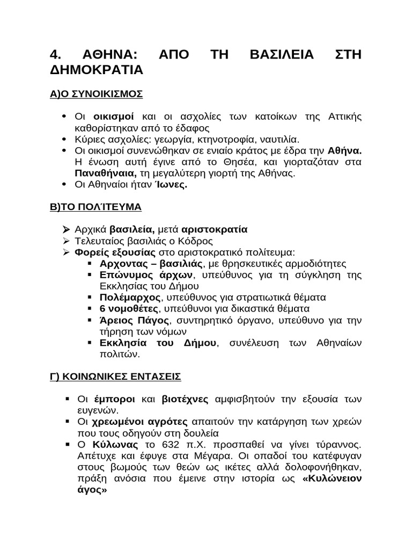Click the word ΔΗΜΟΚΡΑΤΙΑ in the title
pyautogui.click(x=96, y=70)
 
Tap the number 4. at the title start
pyautogui.click(x=55, y=54)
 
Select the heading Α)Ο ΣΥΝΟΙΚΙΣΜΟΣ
pyautogui.click(x=96, y=93)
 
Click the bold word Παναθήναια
pyautogui.click(x=105, y=173)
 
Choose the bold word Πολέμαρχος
pyautogui.click(x=130, y=297)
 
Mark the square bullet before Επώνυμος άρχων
pyautogui.click(x=89, y=275)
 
